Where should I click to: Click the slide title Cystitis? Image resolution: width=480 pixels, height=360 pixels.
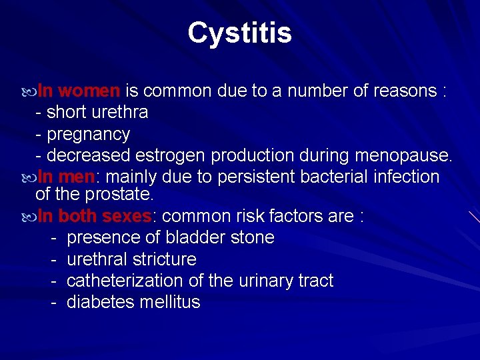click(x=239, y=33)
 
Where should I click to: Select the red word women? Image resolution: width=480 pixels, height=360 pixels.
click(x=93, y=91)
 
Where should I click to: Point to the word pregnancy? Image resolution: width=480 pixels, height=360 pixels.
click(x=88, y=134)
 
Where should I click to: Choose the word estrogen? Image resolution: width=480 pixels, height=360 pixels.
click(x=171, y=155)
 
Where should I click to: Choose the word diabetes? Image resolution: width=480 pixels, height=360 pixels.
click(x=101, y=302)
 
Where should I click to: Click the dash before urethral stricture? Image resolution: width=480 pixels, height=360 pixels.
click(x=53, y=259)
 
